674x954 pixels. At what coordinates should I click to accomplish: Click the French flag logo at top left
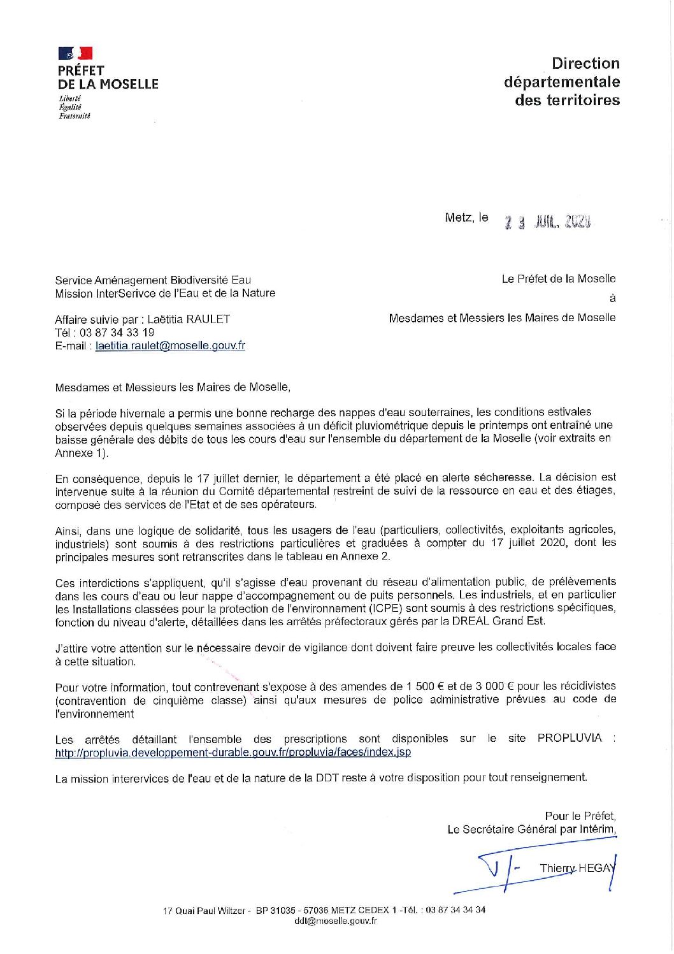coord(75,54)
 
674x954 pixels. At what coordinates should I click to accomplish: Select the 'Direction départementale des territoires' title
coord(561,82)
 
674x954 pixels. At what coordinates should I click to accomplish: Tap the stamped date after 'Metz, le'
coord(547,222)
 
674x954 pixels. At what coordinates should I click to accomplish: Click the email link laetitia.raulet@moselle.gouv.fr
coord(170,346)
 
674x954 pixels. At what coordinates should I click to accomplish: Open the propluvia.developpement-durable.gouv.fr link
coord(233,752)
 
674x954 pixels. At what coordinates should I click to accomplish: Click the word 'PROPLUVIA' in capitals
coord(569,739)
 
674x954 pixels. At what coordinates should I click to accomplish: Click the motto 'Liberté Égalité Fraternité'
coord(74,107)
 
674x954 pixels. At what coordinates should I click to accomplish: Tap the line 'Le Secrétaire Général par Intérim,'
coord(531,829)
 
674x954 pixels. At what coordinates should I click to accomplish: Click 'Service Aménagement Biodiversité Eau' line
coord(153,280)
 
